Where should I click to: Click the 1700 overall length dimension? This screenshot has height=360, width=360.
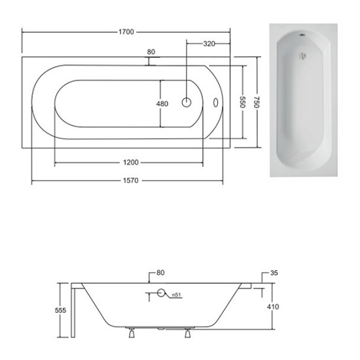coord(126,32)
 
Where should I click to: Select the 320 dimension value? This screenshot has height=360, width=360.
coord(209,44)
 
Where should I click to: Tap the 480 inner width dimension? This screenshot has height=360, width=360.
coord(162,104)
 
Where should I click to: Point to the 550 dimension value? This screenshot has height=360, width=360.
coord(243,102)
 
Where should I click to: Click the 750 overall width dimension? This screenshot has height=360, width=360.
coord(257,102)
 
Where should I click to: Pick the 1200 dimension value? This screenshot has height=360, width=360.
coord(131,162)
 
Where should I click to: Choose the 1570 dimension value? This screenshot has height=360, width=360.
coord(131,181)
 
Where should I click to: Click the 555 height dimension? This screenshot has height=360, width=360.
coord(61,310)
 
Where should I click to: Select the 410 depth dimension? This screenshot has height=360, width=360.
coord(273,307)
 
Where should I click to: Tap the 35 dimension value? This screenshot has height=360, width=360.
coord(274,273)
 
